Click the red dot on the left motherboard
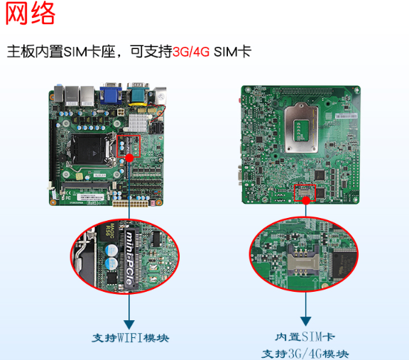click(x=129, y=158)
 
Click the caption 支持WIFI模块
click(x=131, y=337)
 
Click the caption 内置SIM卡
click(x=305, y=337)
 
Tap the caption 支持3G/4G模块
click(x=305, y=353)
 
